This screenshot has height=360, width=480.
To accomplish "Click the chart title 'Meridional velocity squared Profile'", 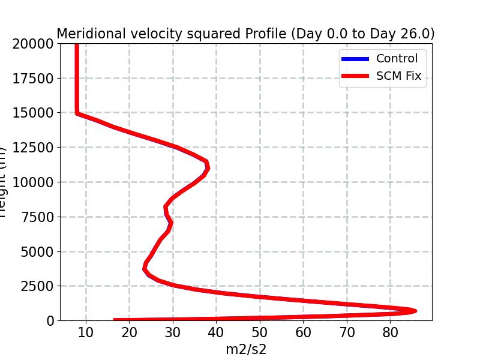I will tap(245, 34).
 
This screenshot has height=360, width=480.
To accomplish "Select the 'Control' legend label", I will tap(397, 58).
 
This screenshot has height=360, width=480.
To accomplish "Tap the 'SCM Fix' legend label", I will tap(398, 76).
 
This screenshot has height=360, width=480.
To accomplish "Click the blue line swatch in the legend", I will tap(354, 59).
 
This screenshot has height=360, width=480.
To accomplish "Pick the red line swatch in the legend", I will tap(354, 77).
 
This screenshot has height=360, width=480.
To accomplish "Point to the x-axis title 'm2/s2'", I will tap(245, 349).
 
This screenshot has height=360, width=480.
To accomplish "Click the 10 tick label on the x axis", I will tap(86, 332).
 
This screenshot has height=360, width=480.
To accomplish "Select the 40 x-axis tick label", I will tap(217, 332).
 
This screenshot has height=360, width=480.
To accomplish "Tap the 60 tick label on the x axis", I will tap(304, 332).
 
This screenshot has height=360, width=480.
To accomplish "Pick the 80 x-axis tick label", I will tap(391, 332).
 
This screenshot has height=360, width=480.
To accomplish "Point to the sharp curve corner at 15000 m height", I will tap(77, 112).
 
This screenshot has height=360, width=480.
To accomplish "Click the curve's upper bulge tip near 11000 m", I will tap(208, 168).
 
